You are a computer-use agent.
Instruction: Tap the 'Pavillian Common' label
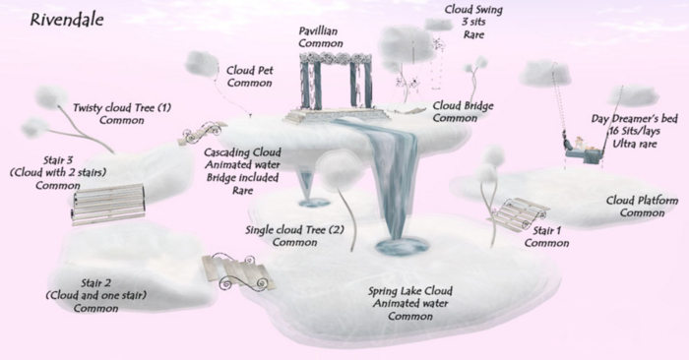pyautogui.click(x=321, y=37)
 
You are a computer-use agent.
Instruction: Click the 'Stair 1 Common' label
pyautogui.click(x=547, y=236)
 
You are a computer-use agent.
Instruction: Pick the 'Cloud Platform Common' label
pyautogui.click(x=642, y=207)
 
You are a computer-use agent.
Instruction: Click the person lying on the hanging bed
pyautogui.click(x=589, y=149)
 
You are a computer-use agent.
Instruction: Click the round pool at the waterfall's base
pyautogui.click(x=402, y=243)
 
